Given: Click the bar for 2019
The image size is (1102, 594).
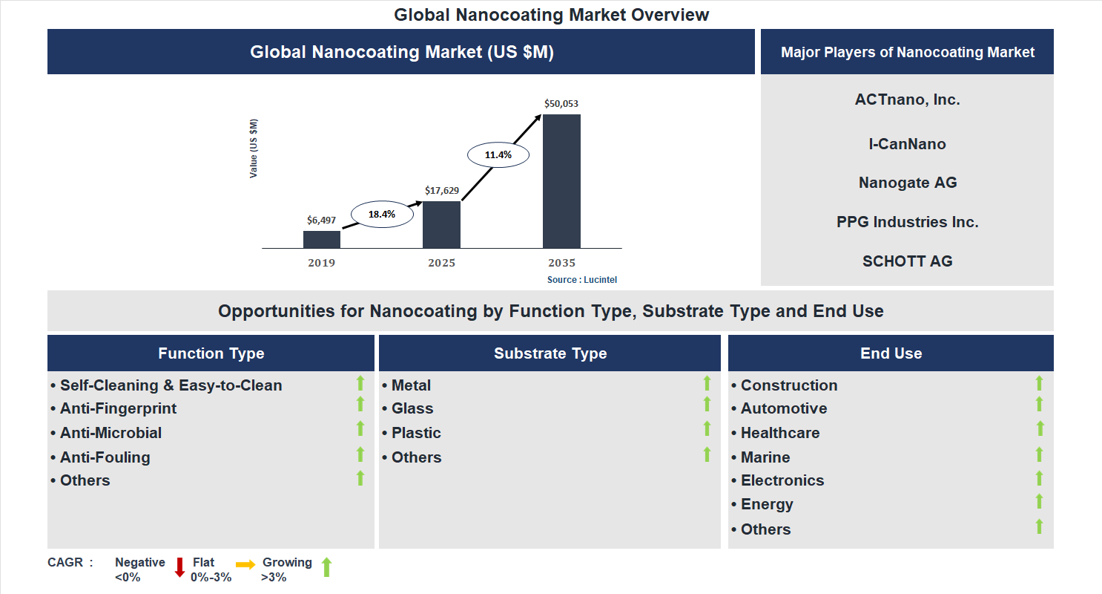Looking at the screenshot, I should click(x=322, y=239).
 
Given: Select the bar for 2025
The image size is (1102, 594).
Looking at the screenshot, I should click(x=441, y=224).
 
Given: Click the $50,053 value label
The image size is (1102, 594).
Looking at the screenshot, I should click(x=561, y=104).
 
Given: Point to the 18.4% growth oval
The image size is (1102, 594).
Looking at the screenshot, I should click(x=382, y=214).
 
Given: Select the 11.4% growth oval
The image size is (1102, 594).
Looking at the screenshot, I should click(x=498, y=155).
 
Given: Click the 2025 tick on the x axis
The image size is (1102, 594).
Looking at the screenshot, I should click(x=441, y=263).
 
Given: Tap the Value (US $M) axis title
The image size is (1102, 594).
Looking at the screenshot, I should click(x=254, y=148).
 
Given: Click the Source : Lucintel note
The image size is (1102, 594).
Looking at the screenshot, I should click(x=582, y=280).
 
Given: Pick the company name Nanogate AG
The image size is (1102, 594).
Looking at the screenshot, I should click(x=908, y=183).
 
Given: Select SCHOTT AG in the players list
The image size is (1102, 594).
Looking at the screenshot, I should click(x=908, y=261).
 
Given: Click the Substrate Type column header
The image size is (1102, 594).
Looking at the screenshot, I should click(x=550, y=353).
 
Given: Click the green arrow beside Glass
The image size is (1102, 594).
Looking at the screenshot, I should click(x=707, y=405).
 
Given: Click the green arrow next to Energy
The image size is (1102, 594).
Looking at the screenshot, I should click(x=1039, y=502).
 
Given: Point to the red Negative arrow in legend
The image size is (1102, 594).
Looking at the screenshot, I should click(x=179, y=567).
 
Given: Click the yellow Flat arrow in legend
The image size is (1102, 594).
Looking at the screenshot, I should click(x=245, y=565).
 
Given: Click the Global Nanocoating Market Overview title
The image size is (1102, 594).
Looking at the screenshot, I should click(x=551, y=14).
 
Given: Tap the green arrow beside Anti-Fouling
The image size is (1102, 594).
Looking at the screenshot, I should click(x=360, y=454).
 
